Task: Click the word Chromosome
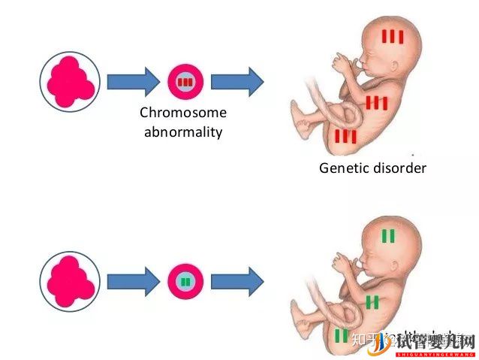coord(183,113)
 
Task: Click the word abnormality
coord(183,133)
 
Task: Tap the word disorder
coord(400,168)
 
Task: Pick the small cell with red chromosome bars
coord(185,80)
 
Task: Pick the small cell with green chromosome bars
coord(185,282)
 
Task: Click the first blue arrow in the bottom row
coord(133,282)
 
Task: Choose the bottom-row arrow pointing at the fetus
coord(237,282)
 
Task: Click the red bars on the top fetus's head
coord(393,36)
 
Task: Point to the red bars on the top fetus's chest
coord(376,103)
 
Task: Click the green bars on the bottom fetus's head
coord(388,236)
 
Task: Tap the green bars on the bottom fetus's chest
coord(373,302)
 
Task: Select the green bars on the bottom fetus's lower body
coord(342,335)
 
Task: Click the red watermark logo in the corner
coord(431,340)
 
